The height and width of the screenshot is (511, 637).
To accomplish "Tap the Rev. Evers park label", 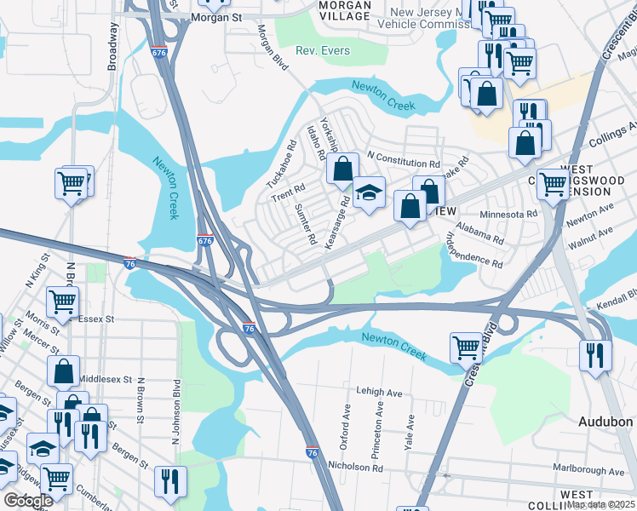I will pyautogui.click(x=323, y=51).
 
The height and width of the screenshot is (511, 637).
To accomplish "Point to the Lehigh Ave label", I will pyautogui.click(x=379, y=393).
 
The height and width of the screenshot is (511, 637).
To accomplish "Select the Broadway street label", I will pyautogui.click(x=112, y=46).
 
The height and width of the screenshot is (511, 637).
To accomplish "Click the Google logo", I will pyautogui.click(x=29, y=501).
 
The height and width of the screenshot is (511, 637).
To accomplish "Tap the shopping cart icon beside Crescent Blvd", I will pyautogui.click(x=467, y=345).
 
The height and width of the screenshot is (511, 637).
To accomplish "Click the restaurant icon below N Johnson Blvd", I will pyautogui.click(x=170, y=480).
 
